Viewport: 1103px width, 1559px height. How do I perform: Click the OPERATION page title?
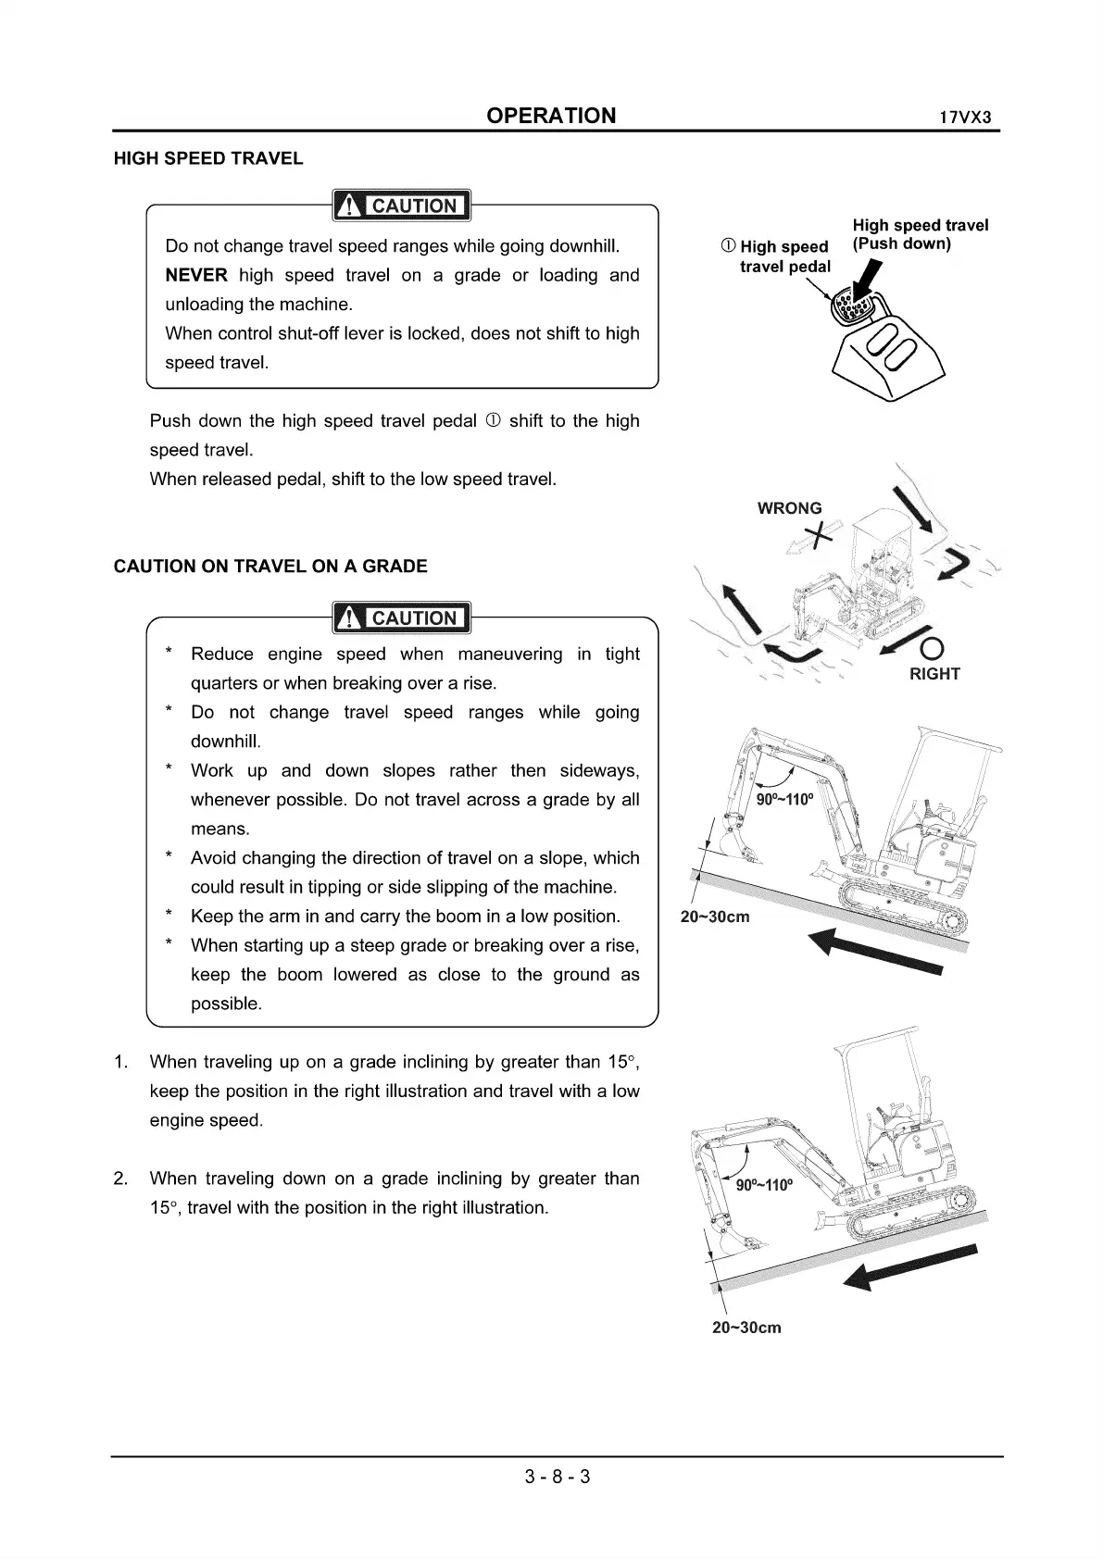(551, 116)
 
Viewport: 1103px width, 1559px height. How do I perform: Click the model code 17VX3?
(965, 118)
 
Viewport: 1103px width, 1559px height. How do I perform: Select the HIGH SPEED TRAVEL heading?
(208, 158)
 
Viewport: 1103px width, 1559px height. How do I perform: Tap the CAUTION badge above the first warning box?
(402, 206)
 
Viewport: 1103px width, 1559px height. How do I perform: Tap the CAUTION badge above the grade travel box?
(402, 617)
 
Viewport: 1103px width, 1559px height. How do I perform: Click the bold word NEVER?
(195, 275)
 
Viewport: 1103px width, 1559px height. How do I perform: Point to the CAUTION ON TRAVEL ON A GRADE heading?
(270, 567)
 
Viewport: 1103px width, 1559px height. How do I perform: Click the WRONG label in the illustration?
(789, 508)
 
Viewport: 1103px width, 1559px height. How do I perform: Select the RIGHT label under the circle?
(934, 674)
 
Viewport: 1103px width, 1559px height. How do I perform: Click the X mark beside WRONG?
(819, 534)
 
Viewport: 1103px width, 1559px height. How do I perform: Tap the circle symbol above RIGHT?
(934, 646)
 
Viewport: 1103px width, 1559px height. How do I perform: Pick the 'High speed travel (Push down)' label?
(920, 234)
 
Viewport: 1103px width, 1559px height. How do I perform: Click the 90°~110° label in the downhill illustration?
(764, 1186)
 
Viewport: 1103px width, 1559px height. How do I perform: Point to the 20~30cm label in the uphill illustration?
(715, 917)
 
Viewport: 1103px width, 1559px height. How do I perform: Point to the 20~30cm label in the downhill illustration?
(746, 1328)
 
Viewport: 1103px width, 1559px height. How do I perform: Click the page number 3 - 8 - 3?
(558, 1477)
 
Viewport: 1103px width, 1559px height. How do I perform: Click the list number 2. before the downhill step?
(120, 1179)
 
